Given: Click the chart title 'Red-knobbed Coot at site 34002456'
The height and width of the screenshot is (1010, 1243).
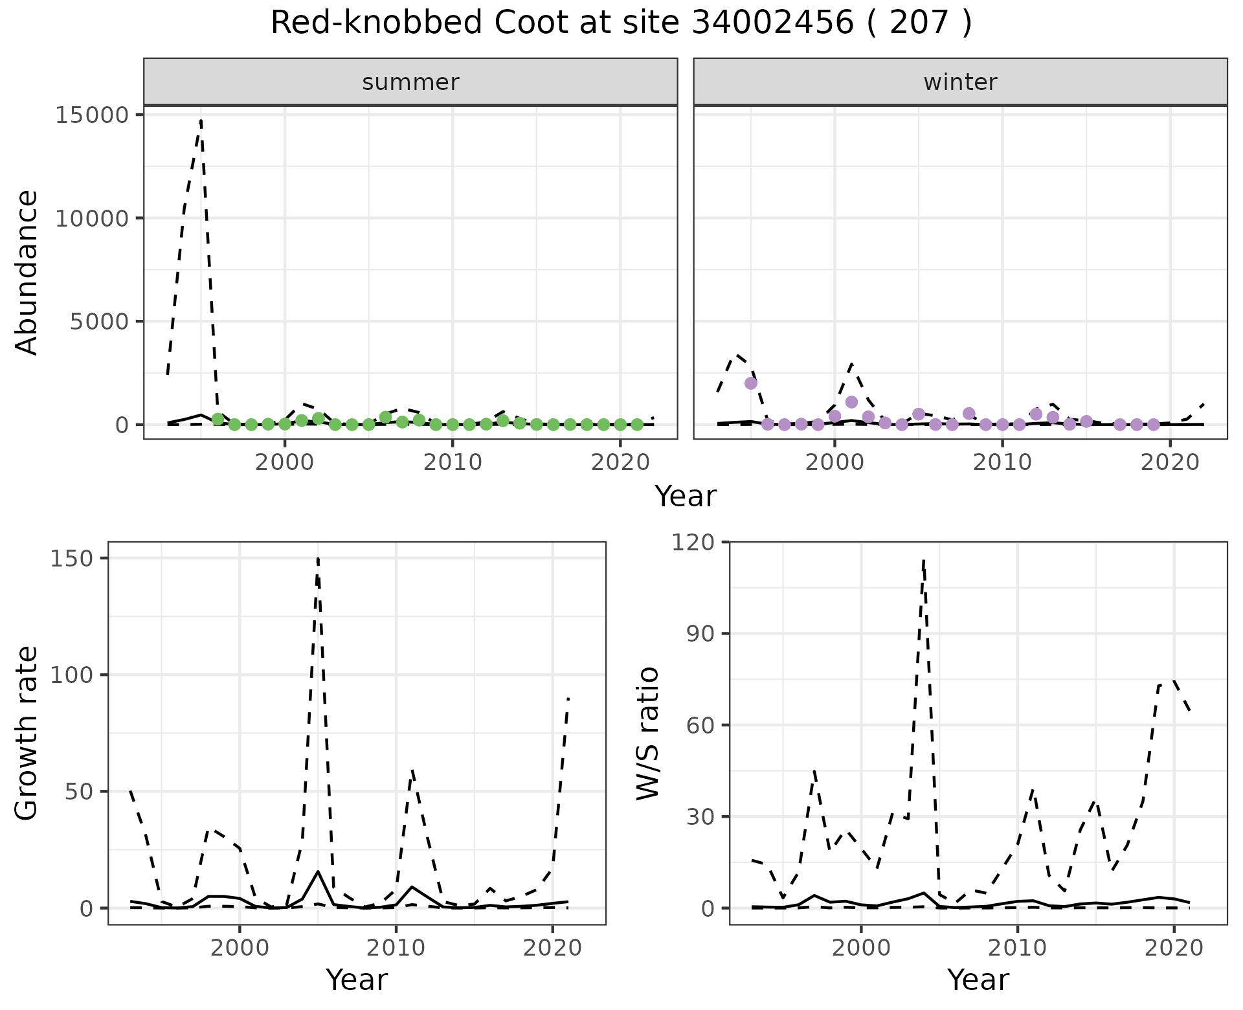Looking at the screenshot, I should (620, 23).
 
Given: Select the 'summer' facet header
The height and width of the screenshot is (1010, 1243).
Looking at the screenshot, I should (410, 82).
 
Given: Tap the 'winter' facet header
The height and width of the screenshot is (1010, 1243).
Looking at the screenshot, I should (960, 82).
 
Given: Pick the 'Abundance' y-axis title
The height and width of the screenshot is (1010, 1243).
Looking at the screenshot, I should (27, 272).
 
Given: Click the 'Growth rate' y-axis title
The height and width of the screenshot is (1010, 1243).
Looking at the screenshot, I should (27, 733).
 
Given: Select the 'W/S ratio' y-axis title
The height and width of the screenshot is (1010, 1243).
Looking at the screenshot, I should (647, 733).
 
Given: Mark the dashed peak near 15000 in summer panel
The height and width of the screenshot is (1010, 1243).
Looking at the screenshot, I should (201, 120).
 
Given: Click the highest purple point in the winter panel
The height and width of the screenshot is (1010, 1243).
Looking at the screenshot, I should (751, 383).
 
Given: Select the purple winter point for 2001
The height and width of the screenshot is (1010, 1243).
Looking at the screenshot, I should (851, 402).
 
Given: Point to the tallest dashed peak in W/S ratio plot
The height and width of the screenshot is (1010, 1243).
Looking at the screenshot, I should (924, 561).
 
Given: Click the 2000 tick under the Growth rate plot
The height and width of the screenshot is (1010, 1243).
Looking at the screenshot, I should (240, 948).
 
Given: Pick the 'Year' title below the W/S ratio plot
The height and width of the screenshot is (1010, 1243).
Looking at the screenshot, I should (978, 980).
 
